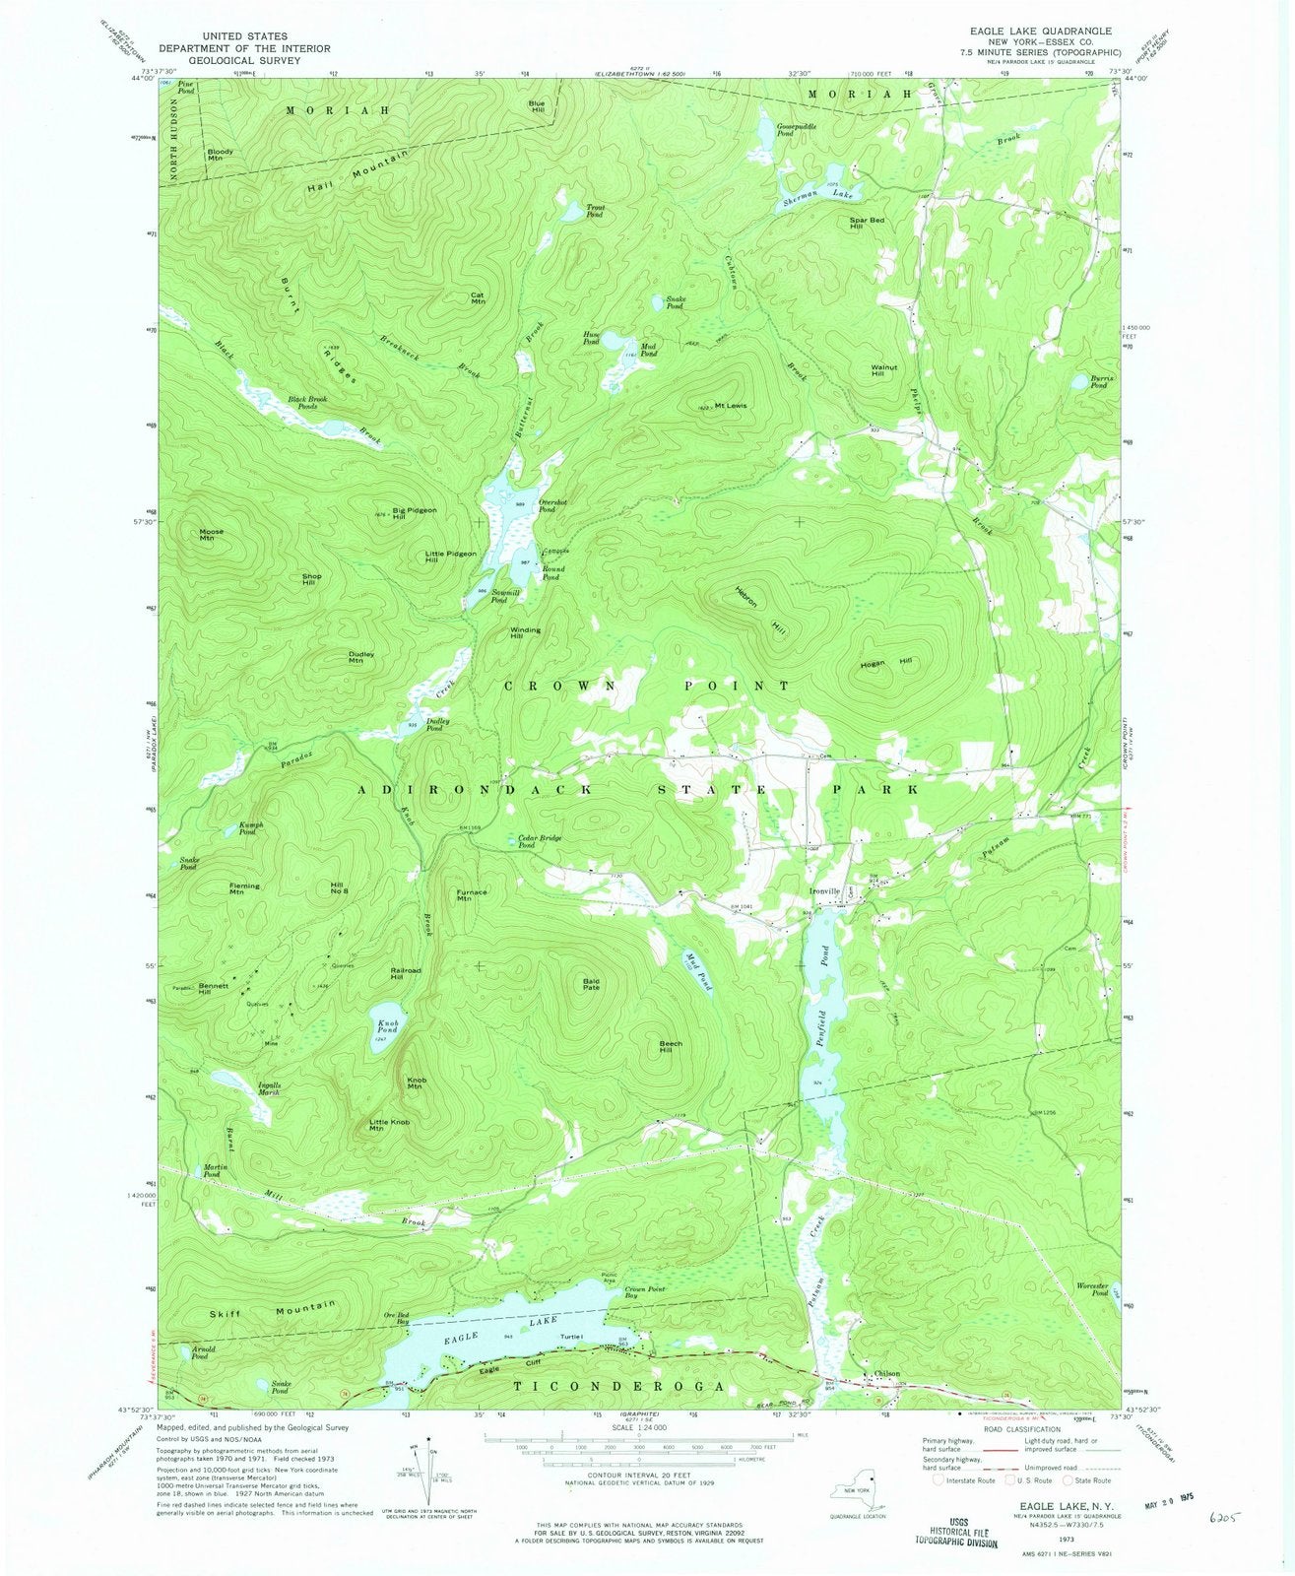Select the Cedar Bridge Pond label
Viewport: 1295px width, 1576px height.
point(540,841)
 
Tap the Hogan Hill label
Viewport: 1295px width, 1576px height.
point(886,661)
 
